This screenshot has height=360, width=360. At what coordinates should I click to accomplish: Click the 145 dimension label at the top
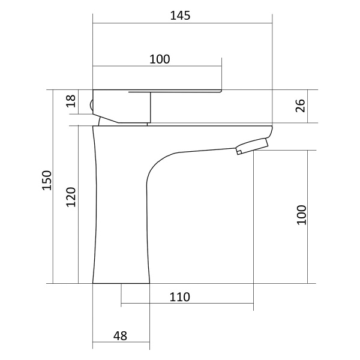click(x=180, y=16)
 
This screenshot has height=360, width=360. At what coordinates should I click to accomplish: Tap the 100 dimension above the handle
click(x=160, y=59)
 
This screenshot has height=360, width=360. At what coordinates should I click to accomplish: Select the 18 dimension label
click(x=71, y=101)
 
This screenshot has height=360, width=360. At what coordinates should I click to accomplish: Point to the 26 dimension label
click(x=301, y=106)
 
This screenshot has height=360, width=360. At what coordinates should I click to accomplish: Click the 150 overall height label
click(x=47, y=180)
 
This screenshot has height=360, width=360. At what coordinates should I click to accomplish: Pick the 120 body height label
click(x=71, y=197)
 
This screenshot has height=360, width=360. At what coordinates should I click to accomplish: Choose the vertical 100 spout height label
click(x=302, y=215)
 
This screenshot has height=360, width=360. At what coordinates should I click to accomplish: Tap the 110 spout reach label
click(x=180, y=297)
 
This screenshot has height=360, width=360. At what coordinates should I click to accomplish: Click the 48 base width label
click(x=120, y=336)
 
